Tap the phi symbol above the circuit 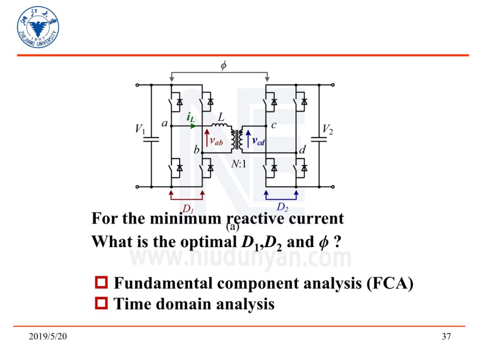(x=224, y=65)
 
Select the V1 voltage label (x=140, y=129)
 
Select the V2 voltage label (x=328, y=129)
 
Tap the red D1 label (x=188, y=208)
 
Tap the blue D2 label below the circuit (x=282, y=207)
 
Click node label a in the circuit (x=164, y=124)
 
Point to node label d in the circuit (x=302, y=150)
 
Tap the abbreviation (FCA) (x=390, y=283)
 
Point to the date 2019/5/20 (x=48, y=337)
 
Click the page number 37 (x=446, y=337)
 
